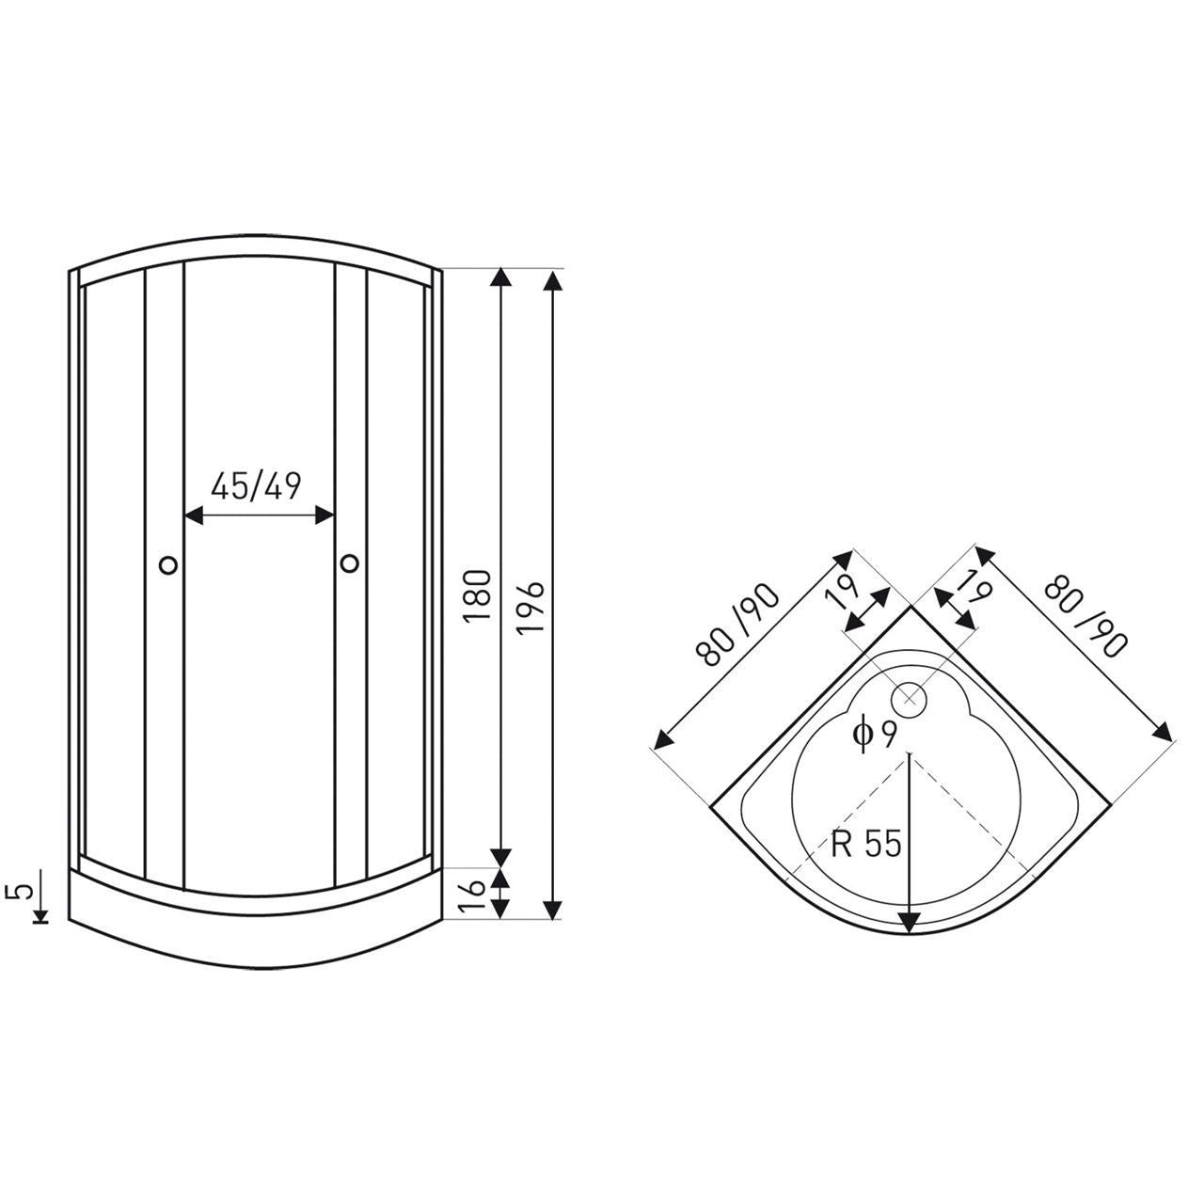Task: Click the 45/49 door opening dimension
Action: click(256, 485)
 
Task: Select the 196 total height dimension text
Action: click(531, 608)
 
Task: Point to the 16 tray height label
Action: click(473, 896)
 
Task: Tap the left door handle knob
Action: click(168, 564)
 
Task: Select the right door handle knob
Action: click(349, 562)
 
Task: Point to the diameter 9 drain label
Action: click(875, 734)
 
